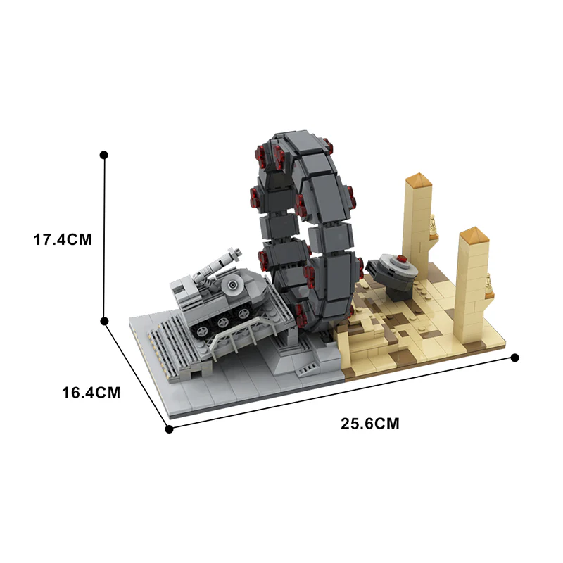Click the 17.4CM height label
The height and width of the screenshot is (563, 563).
pyautogui.click(x=63, y=239)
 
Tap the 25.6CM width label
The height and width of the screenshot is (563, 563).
pyautogui.click(x=370, y=424)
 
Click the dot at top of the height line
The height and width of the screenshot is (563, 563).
pyautogui.click(x=104, y=154)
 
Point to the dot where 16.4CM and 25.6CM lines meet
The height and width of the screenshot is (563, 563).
pyautogui.click(x=168, y=429)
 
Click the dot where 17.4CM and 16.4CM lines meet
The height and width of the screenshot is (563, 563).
pyautogui.click(x=104, y=321)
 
